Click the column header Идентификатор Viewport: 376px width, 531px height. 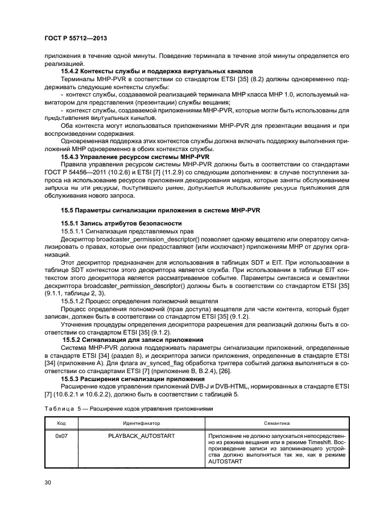pos(141,423)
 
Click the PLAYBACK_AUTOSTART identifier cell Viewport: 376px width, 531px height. pos(141,436)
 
